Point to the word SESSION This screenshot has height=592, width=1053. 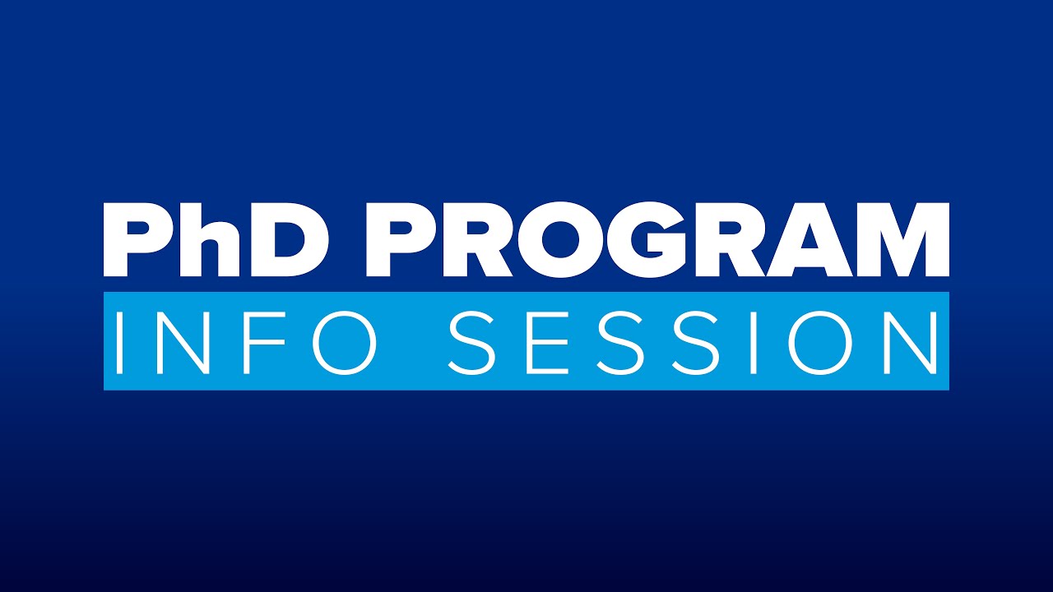pyautogui.click(x=693, y=340)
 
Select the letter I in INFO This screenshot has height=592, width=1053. pyautogui.click(x=120, y=340)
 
